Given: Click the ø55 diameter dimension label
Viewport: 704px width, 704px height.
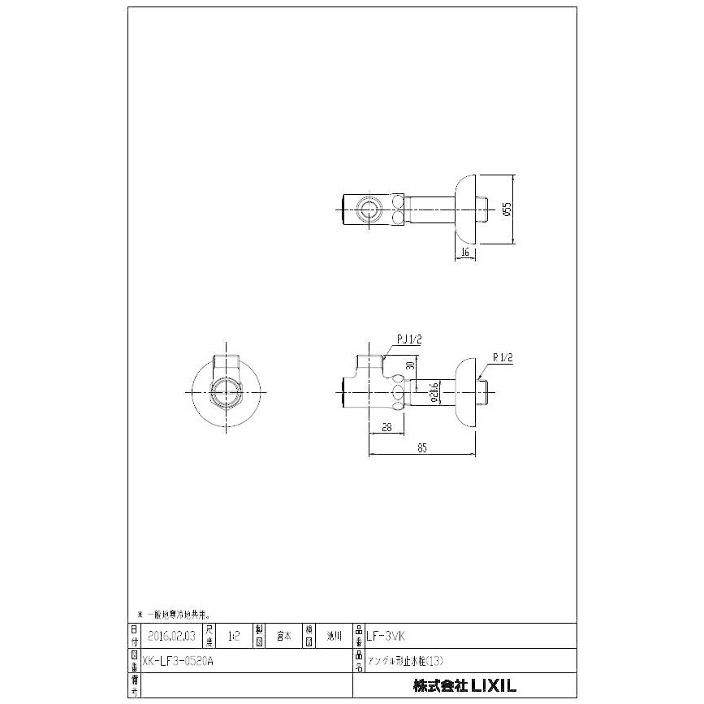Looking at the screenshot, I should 507,209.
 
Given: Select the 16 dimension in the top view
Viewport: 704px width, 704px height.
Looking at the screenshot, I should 465,253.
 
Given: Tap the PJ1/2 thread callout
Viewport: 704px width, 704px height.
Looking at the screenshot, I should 408,339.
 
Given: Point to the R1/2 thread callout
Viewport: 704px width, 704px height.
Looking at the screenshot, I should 503,356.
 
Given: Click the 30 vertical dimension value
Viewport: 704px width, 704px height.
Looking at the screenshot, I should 411,365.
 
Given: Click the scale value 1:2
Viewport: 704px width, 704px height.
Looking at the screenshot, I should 235,635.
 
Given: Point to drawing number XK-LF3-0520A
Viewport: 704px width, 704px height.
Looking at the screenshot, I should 177,660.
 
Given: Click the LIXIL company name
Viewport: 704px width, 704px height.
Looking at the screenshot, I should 464,685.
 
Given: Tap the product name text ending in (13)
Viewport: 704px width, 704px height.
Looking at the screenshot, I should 405,660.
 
